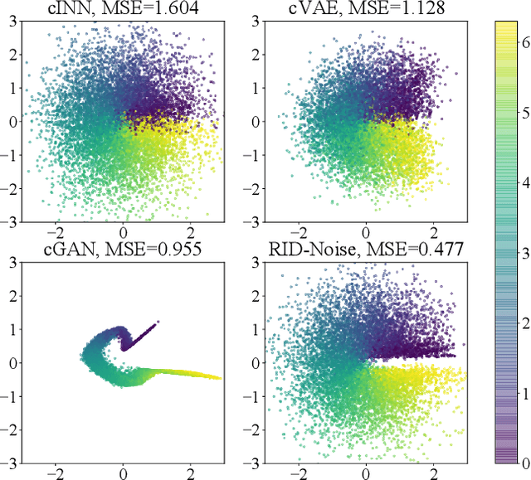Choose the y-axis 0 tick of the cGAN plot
click(15, 362)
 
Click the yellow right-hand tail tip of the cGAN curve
click(220, 378)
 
